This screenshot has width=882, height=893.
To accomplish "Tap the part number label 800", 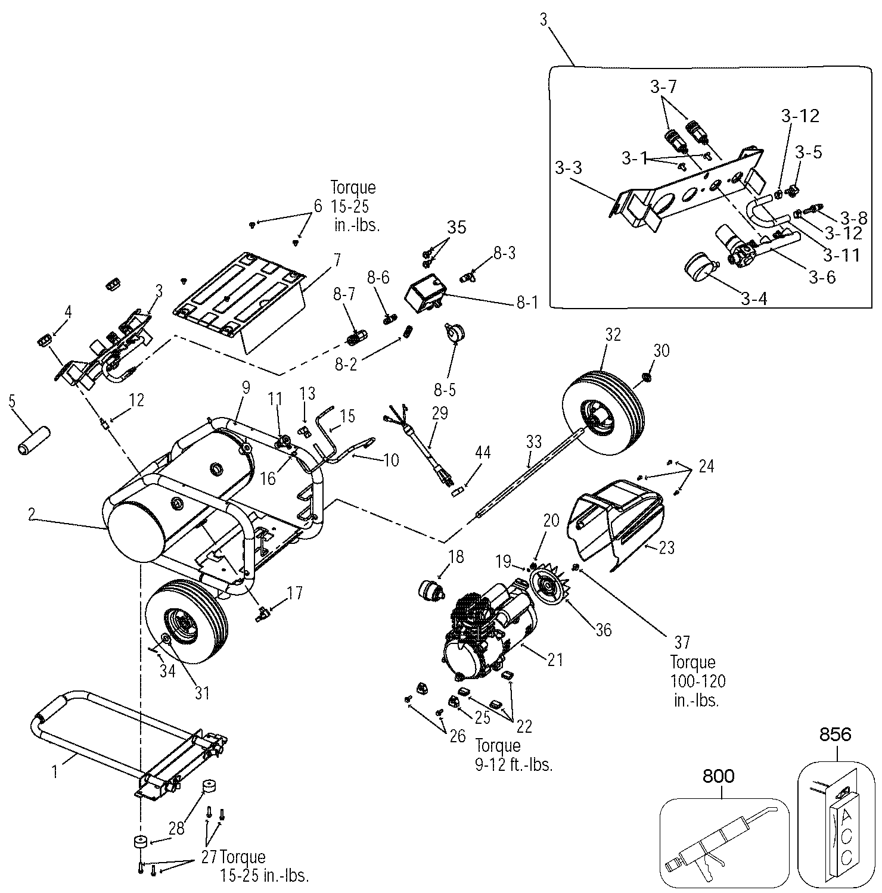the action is pos(719,776).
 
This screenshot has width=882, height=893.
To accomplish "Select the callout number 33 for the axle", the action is pos(534,441).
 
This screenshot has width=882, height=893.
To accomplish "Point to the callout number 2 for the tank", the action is pos(32,515).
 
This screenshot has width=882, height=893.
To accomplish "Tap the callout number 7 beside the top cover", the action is pos(337,260).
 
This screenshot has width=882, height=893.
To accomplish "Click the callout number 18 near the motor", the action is pos(456,557).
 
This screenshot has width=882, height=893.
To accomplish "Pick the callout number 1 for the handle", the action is pos(55,772).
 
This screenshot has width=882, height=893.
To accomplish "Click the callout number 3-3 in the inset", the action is pos(568,167).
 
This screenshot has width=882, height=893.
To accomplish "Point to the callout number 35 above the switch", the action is pos(457,227).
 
